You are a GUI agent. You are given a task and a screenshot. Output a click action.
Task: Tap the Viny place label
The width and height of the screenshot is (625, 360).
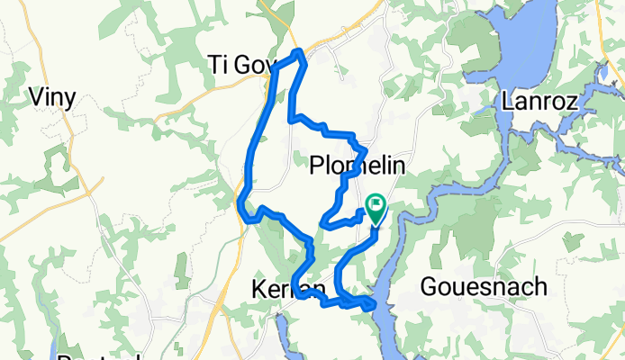(x=53, y=96)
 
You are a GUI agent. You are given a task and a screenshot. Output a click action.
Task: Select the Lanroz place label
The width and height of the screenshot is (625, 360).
(x=539, y=100)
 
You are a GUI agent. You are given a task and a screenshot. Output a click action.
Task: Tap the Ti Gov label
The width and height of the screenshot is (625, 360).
(x=239, y=66)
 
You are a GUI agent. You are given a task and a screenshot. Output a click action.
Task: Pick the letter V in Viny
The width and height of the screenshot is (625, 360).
(x=38, y=95)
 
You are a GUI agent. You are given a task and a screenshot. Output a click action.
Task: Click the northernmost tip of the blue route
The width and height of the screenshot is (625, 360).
(x=298, y=51)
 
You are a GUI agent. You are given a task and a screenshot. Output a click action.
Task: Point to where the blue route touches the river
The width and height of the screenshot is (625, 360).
(x=371, y=306)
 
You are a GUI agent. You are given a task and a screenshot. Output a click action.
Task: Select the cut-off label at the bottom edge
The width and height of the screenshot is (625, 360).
(x=99, y=356)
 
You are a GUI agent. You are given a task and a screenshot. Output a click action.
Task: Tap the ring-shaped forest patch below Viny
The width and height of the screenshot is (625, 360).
(x=56, y=166)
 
